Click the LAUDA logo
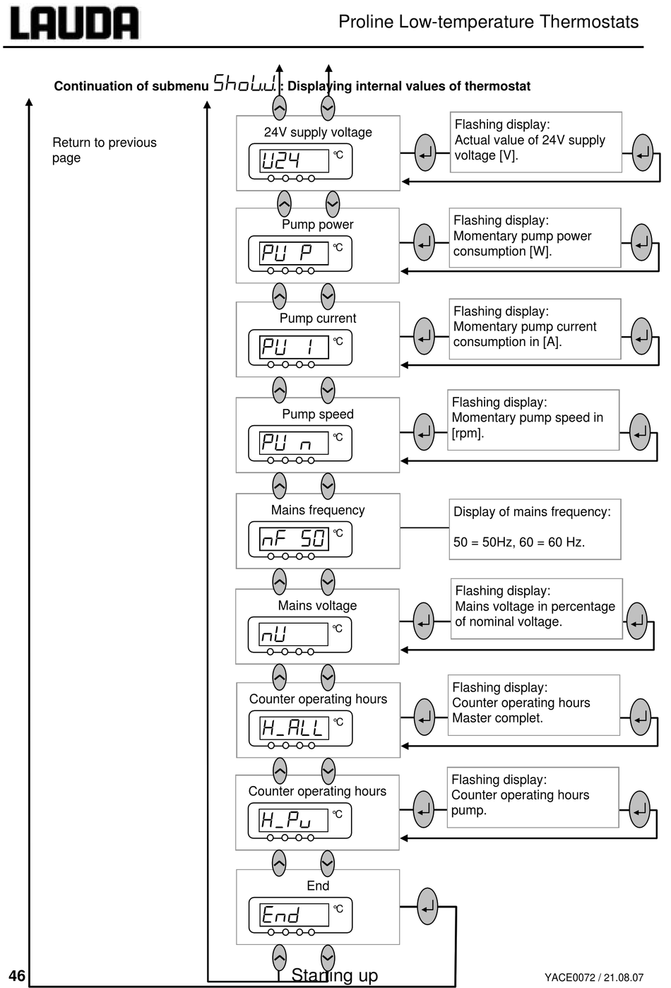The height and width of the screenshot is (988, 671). tap(74, 23)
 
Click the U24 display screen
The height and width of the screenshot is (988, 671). tap(295, 160)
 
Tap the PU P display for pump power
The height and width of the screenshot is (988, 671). tap(294, 253)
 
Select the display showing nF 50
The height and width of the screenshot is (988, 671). tap(295, 539)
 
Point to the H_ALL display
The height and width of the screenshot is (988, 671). tap(295, 728)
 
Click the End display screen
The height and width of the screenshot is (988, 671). tap(295, 915)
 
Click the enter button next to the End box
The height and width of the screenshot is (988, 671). tap(427, 906)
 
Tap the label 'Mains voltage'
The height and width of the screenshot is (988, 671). tap(317, 606)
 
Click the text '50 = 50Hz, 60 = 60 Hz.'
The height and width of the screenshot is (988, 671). tap(519, 542)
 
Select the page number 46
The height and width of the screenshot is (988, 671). tap(17, 976)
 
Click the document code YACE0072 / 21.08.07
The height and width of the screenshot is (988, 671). tap(594, 977)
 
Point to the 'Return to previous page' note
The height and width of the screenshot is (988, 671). tap(104, 150)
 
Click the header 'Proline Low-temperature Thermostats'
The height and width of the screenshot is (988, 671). tap(488, 22)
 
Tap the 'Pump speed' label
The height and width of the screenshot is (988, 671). tap(318, 414)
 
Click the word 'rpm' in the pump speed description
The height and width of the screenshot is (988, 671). tap(467, 433)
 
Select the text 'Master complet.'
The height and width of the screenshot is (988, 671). tap(497, 718)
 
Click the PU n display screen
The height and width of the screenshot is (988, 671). tap(294, 443)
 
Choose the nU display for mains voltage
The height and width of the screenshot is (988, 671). tap(293, 634)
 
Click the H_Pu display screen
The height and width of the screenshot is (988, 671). tap(293, 820)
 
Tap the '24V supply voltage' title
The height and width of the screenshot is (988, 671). tap(318, 132)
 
